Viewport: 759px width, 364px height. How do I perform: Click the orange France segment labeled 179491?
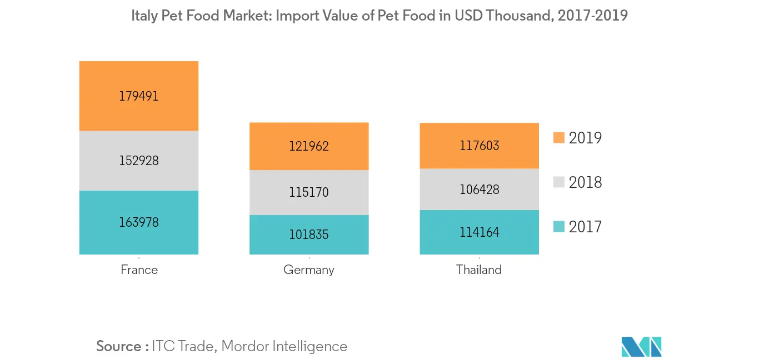point(139,96)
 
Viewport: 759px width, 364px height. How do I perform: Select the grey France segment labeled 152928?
point(139,161)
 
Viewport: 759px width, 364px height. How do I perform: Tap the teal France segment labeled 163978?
point(139,222)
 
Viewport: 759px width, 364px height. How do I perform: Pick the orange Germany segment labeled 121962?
point(309,146)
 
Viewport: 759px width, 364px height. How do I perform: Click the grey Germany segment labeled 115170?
point(309,192)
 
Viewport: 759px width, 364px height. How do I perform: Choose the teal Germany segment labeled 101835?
point(309,235)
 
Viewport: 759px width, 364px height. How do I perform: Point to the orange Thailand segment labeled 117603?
point(479,146)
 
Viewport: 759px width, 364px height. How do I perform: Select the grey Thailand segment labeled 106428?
point(479,190)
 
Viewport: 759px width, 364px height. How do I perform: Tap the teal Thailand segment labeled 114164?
point(479,232)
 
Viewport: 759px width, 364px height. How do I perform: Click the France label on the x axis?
point(139,270)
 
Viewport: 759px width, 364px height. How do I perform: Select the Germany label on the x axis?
point(309,271)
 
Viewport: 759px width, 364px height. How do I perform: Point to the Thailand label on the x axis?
point(479,270)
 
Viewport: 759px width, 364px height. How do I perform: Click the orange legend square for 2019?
point(559,137)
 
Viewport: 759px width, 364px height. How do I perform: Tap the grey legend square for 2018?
point(559,182)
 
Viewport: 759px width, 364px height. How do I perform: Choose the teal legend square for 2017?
point(559,226)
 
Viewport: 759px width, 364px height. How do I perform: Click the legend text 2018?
point(585,182)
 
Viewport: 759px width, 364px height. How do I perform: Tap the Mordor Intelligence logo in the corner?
point(642,346)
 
